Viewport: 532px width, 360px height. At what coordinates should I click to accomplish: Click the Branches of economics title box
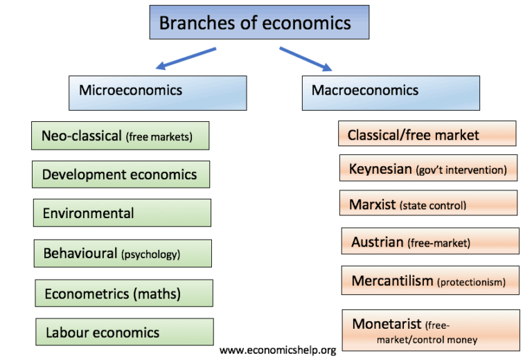tap(259, 22)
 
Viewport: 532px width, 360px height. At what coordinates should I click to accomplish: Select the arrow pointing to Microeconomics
tap(186, 58)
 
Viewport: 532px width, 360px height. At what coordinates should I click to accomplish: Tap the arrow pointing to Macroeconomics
tap(305, 59)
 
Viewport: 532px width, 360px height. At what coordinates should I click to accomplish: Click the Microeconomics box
tap(158, 93)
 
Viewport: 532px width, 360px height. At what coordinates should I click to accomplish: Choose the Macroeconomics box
tap(391, 93)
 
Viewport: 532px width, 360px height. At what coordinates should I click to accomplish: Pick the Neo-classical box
tap(121, 136)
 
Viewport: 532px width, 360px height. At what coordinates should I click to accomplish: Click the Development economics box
tap(121, 174)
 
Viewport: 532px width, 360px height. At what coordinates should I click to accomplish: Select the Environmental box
tap(122, 213)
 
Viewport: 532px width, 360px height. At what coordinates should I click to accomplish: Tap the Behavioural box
tap(123, 253)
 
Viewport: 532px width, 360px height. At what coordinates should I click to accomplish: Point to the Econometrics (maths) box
tap(124, 294)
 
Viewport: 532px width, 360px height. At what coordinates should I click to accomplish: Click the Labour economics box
tap(125, 332)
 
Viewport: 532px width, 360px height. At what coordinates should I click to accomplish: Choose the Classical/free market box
tap(427, 134)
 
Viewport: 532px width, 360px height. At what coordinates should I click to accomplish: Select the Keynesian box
tap(429, 168)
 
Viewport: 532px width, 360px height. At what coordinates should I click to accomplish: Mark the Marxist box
tap(429, 203)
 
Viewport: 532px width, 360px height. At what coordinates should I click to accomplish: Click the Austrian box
tap(430, 241)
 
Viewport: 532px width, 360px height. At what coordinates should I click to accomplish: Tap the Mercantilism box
tap(430, 280)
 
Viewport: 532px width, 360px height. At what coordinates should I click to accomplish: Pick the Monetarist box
tap(431, 330)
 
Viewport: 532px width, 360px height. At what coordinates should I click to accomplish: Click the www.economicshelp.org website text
tap(278, 350)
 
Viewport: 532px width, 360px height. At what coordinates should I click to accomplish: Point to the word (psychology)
tap(150, 254)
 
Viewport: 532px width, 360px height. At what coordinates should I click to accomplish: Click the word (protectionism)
tap(471, 282)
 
